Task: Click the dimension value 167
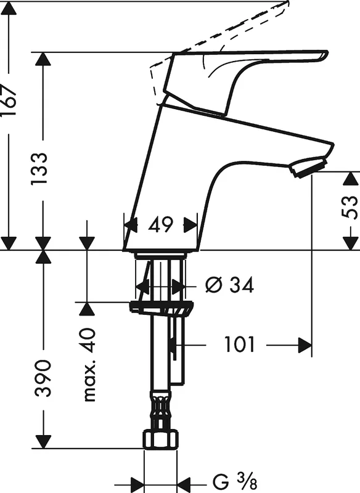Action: pyautogui.click(x=9, y=100)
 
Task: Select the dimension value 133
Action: pyautogui.click(x=40, y=169)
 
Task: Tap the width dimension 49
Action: pyautogui.click(x=161, y=224)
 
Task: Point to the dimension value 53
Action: pyautogui.click(x=350, y=208)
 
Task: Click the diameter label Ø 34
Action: pyautogui.click(x=229, y=285)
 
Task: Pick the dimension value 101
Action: pyautogui.click(x=239, y=345)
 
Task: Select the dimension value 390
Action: pyautogui.click(x=43, y=378)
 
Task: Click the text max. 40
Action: pyautogui.click(x=89, y=365)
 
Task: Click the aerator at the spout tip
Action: pyautogui.click(x=309, y=167)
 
